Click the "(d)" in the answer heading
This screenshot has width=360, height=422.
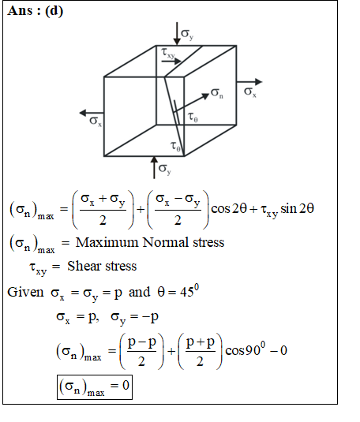pyautogui.click(x=54, y=11)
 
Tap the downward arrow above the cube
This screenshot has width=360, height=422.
pyautogui.click(x=177, y=33)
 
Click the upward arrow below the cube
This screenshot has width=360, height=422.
pyautogui.click(x=154, y=167)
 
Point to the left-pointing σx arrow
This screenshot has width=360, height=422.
pyautogui.click(x=92, y=113)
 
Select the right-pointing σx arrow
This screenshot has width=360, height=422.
pyautogui.click(x=249, y=82)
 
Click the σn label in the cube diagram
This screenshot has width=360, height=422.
pyautogui.click(x=217, y=93)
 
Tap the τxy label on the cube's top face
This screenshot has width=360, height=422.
pyautogui.click(x=168, y=53)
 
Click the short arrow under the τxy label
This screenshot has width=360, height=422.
pyautogui.click(x=171, y=62)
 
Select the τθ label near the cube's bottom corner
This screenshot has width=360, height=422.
pyautogui.click(x=175, y=147)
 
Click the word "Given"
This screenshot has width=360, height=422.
pyautogui.click(x=25, y=292)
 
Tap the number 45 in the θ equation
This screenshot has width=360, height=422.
pyautogui.click(x=187, y=292)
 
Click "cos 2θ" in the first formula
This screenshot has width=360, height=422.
pyautogui.click(x=229, y=209)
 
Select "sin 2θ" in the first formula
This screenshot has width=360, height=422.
pyautogui.click(x=297, y=209)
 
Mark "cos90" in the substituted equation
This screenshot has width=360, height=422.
pyautogui.click(x=243, y=351)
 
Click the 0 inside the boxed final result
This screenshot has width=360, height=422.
pyautogui.click(x=126, y=386)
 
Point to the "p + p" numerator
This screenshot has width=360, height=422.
pyautogui.click(x=201, y=342)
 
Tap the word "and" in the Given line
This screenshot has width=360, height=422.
pyautogui.click(x=139, y=292)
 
